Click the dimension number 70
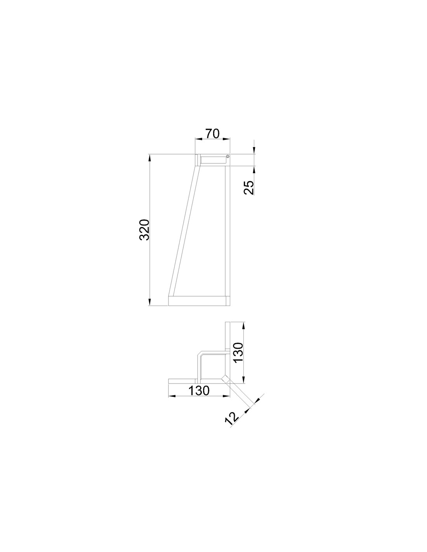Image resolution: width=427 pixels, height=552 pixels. tap(212, 134)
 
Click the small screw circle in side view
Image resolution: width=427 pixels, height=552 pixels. tap(227, 156)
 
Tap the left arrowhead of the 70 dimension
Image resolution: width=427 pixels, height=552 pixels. tap(198, 139)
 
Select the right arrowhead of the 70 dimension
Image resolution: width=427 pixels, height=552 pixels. tap(226, 139)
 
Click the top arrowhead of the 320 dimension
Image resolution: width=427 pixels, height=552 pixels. tap(149, 158)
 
